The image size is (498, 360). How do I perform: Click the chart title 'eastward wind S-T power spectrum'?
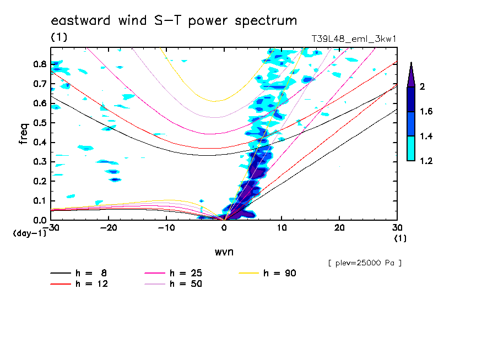174,21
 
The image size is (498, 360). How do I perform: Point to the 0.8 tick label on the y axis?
39,64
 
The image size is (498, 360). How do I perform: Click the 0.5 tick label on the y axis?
39,123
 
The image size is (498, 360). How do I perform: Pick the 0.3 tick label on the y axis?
39,162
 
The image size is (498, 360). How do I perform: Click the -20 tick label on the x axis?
109,227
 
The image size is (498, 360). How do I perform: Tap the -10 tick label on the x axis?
166,227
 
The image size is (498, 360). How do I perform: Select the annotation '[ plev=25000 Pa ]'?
364,263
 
